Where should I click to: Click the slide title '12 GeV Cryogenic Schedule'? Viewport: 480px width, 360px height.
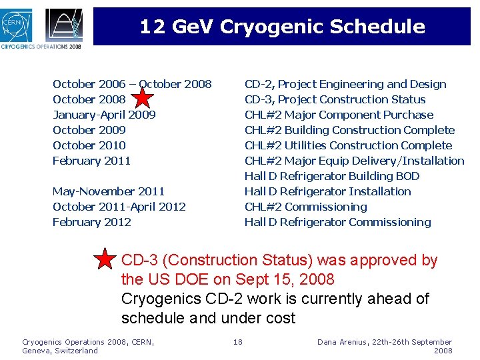click(x=282, y=27)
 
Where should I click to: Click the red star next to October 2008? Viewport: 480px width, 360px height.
click(x=142, y=98)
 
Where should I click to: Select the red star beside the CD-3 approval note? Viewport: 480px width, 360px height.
click(x=105, y=259)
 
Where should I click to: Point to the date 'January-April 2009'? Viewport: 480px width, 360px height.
click(x=104, y=115)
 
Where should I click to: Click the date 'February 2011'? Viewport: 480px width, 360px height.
click(x=91, y=161)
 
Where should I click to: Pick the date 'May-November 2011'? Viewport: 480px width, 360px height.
click(x=109, y=191)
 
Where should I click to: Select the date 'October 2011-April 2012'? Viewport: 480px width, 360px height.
click(x=119, y=207)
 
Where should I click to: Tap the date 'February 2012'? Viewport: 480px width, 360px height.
click(x=91, y=222)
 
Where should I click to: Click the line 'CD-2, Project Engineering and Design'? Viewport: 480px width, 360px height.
click(x=345, y=84)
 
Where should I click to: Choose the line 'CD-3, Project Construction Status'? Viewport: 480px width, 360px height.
click(x=335, y=99)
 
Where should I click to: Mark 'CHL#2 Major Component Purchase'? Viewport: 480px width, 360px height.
click(x=339, y=115)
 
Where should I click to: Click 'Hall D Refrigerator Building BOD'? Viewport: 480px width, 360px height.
click(x=332, y=176)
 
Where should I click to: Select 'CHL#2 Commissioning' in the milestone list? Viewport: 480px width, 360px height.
click(x=305, y=207)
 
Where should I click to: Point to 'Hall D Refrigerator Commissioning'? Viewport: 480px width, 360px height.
click(x=337, y=222)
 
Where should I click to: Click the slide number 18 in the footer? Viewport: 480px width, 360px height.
click(x=237, y=342)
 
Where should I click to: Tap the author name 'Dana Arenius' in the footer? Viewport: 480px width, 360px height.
click(x=341, y=342)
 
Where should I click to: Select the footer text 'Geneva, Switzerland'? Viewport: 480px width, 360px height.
click(x=59, y=351)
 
